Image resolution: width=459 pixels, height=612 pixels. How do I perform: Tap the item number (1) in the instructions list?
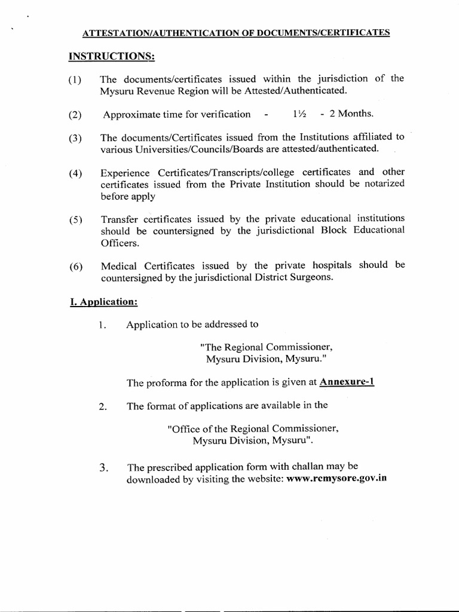coord(76,80)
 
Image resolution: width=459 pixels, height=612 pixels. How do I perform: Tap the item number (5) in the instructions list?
coord(76,219)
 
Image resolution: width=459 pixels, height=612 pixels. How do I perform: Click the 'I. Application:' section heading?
coord(103,302)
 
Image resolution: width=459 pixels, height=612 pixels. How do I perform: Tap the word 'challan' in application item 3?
coord(305,466)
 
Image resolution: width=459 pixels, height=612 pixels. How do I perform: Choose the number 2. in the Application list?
coord(103,406)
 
